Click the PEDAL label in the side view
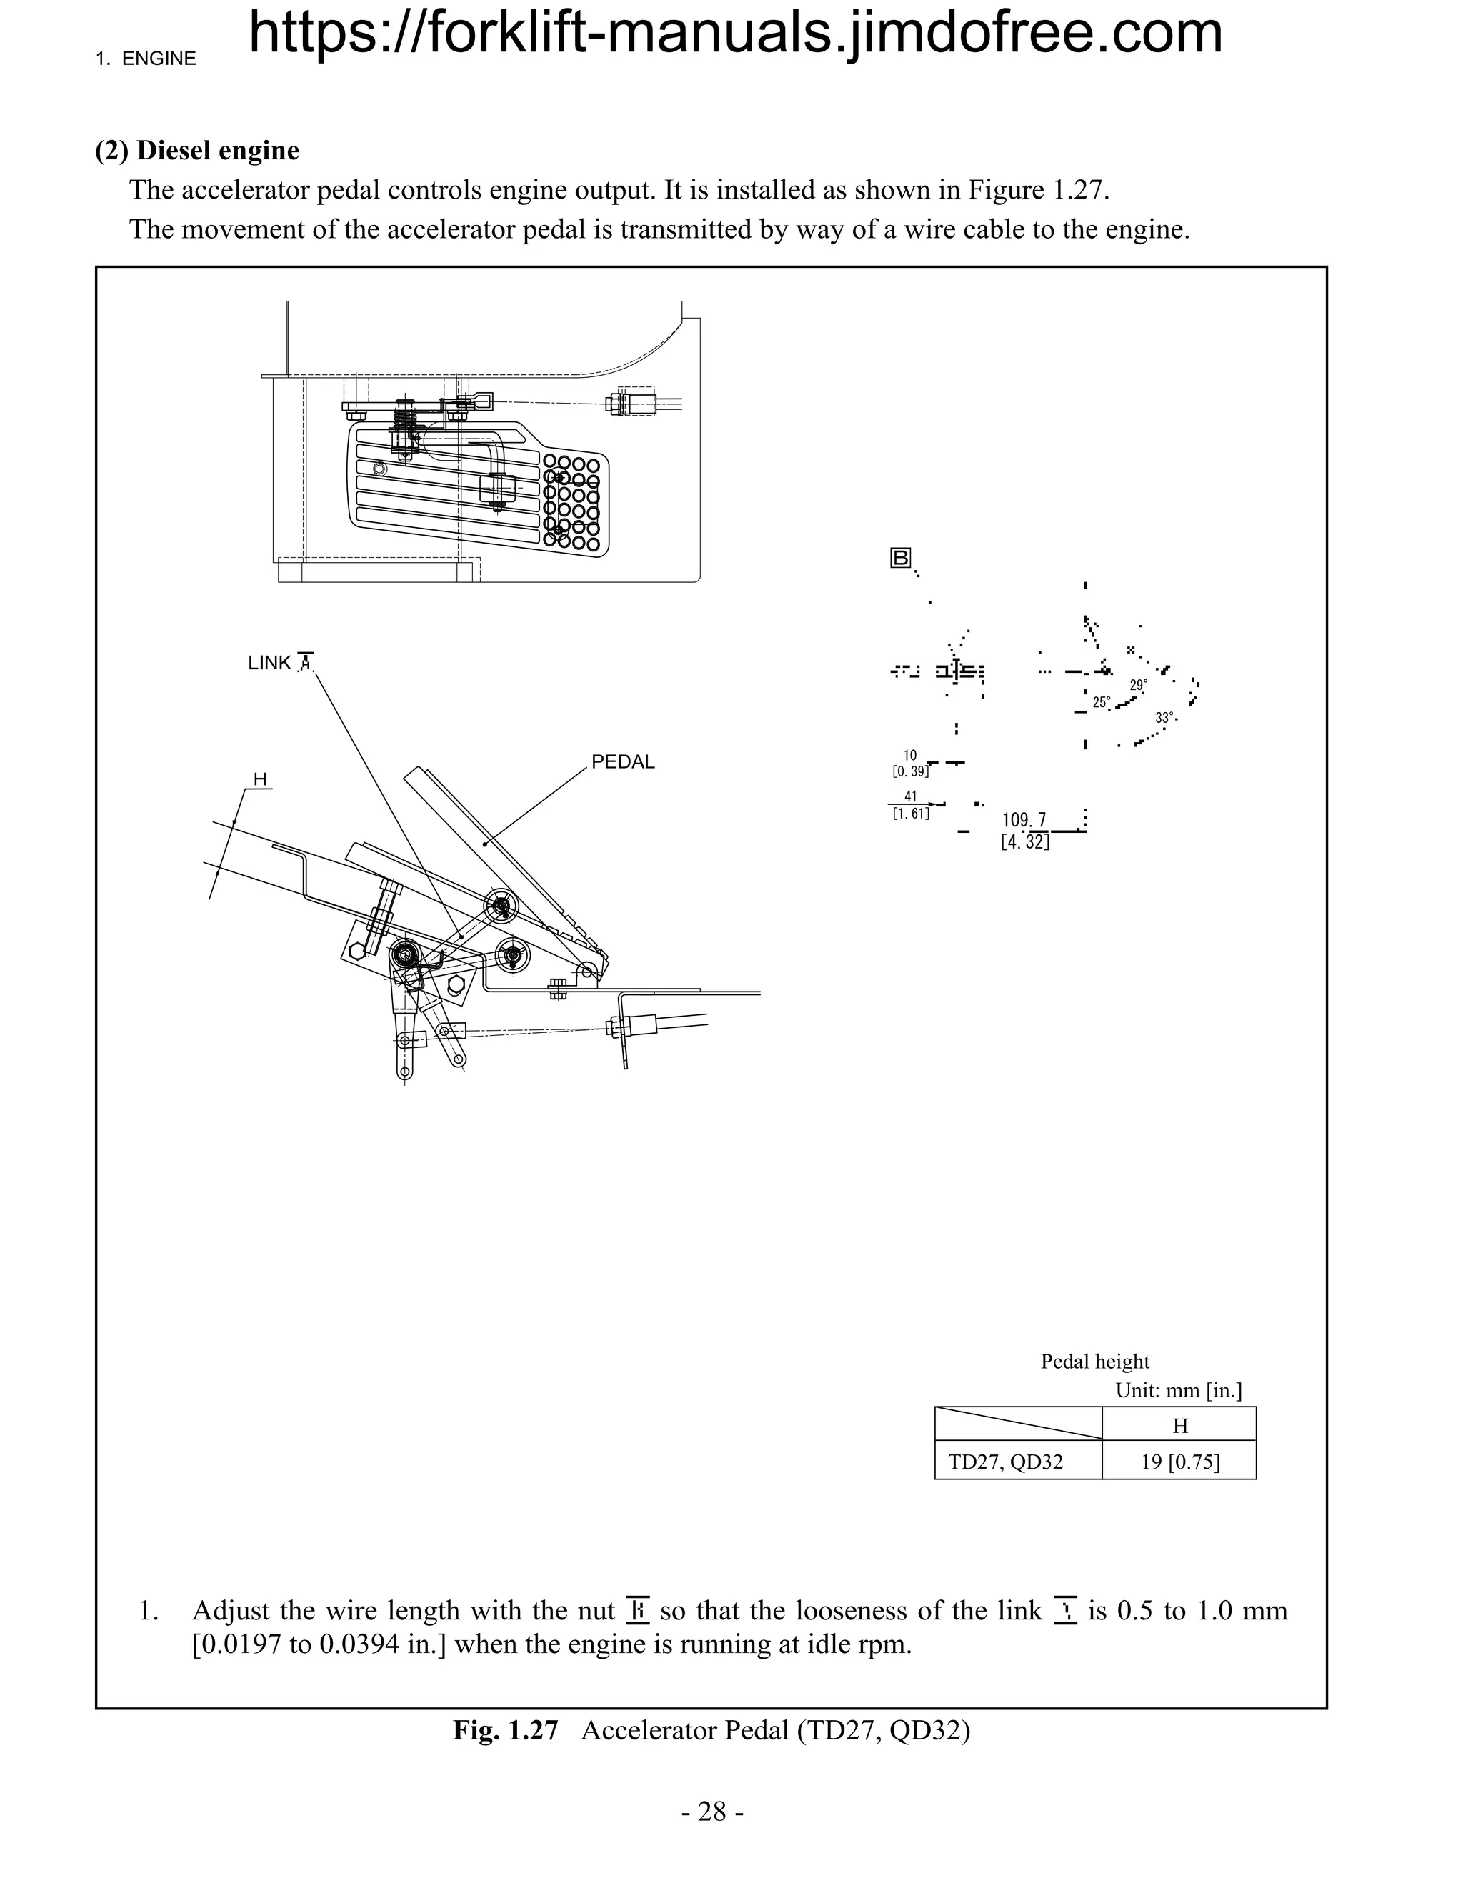622,762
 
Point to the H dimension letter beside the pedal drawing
259,779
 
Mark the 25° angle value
1101,702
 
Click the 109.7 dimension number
1024,820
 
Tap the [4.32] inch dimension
1024,841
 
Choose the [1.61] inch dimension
910,813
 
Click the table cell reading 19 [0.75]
1179,1462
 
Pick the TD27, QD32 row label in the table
1004,1462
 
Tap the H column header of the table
1179,1426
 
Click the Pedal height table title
1094,1362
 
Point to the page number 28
711,1812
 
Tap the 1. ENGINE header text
146,59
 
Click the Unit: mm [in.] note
1178,1390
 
